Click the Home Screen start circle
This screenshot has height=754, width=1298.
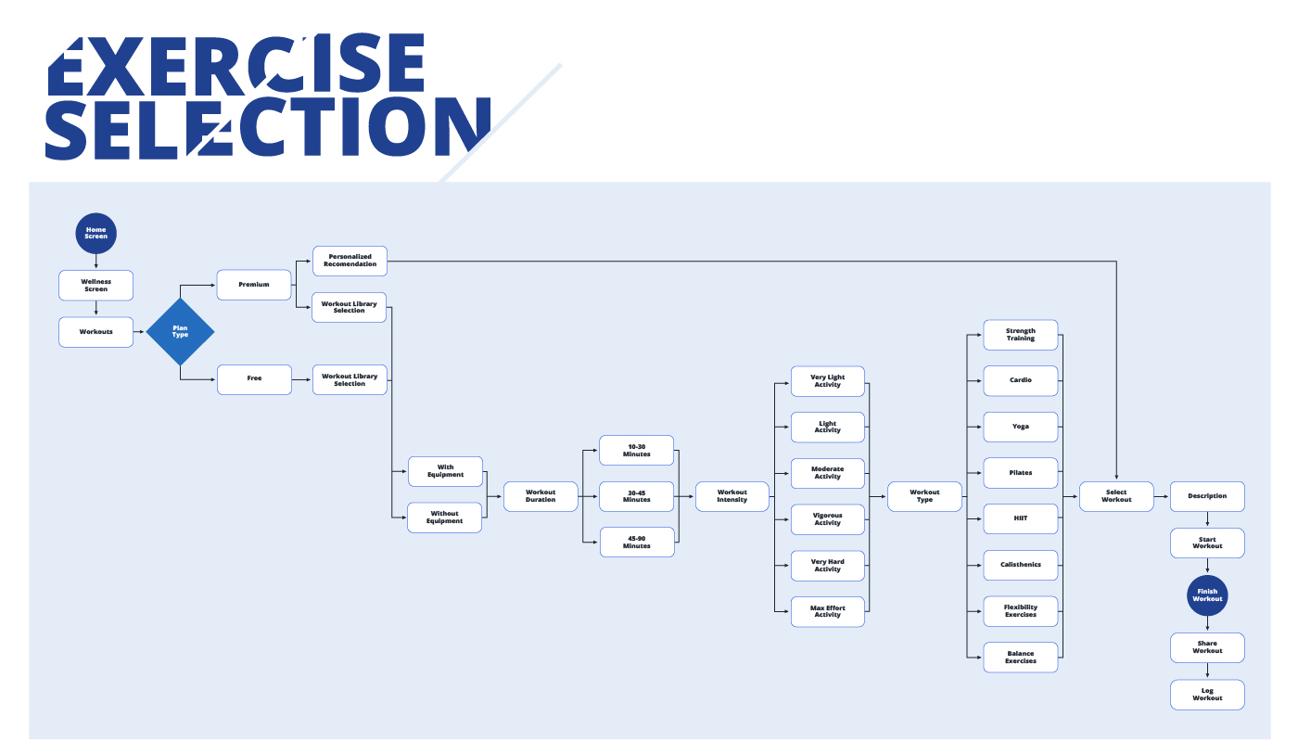95,233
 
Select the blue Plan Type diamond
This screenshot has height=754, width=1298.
180,331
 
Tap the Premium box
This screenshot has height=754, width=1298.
254,285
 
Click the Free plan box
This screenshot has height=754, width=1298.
254,379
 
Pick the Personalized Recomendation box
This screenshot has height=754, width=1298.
350,261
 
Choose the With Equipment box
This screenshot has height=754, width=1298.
446,471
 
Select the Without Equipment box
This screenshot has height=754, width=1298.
444,518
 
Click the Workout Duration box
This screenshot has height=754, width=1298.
541,496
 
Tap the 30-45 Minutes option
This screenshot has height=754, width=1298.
636,496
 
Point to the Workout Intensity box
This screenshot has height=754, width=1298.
732,496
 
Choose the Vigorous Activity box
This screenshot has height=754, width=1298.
827,519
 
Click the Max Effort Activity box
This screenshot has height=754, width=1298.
827,611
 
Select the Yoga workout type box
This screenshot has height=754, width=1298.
1021,427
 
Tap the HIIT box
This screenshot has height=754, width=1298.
1021,518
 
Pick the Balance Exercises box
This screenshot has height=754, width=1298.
1021,658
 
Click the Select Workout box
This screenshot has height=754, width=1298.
1116,496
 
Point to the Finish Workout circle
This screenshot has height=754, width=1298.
1207,595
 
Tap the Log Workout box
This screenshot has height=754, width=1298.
1207,695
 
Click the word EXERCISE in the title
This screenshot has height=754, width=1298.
235,64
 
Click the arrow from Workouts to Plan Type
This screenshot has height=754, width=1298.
139,332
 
